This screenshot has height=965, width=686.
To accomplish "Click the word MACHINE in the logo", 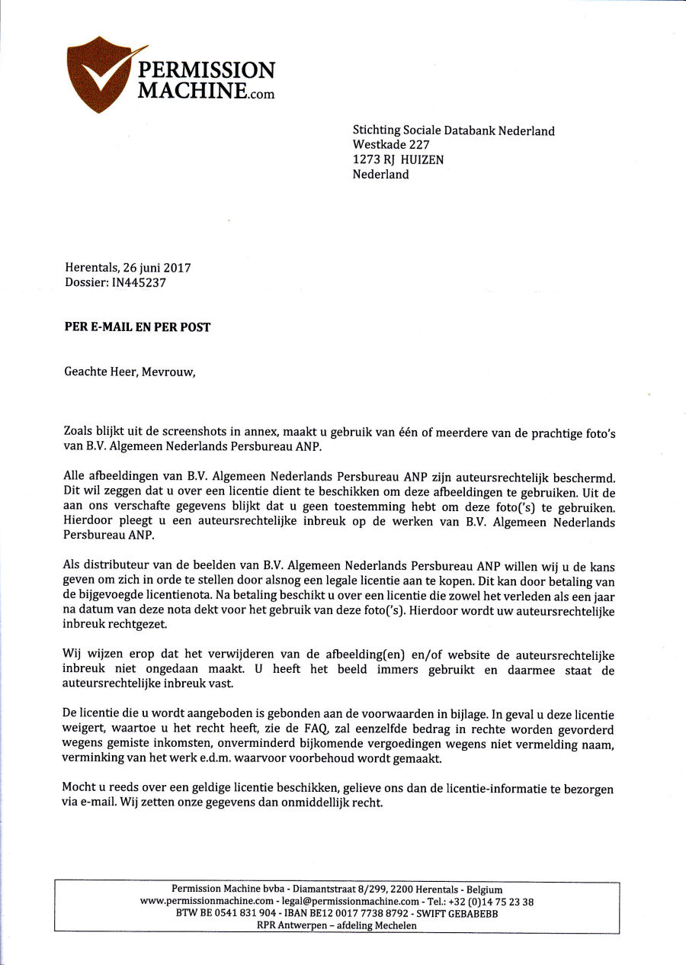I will tap(192, 91).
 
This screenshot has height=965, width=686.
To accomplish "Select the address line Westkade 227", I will tap(391, 145).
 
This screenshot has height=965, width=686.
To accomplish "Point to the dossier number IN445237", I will tap(139, 282).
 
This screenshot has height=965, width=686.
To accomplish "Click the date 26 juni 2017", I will tap(155, 268).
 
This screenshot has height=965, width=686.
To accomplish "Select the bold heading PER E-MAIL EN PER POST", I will tap(137, 327).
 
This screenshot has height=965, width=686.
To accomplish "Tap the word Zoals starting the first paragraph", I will tap(79, 432).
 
